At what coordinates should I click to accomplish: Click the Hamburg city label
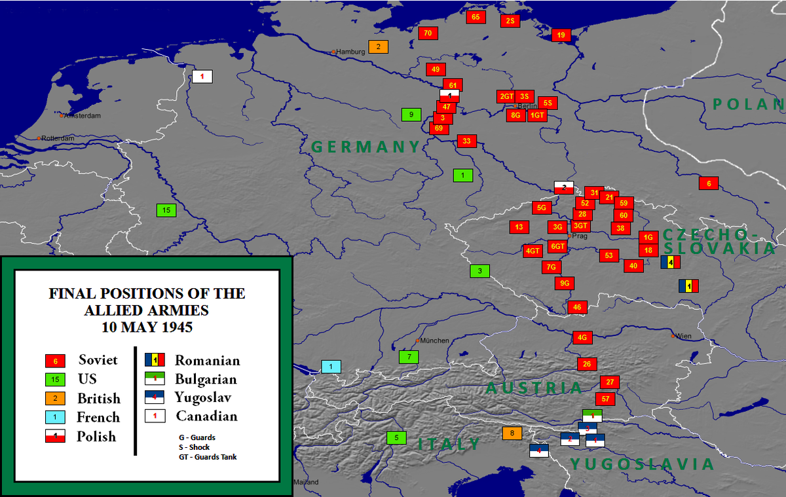pos(350,52)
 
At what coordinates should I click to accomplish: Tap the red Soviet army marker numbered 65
pos(476,17)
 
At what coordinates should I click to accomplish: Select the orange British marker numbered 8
pos(512,433)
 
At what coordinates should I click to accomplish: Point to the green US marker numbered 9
pos(411,115)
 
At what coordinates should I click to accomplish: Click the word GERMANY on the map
pos(365,147)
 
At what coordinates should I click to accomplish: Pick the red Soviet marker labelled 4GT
pos(533,251)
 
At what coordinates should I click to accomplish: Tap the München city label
pos(434,341)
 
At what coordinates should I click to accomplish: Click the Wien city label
pos(683,336)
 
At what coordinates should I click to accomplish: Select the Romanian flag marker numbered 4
pos(671,263)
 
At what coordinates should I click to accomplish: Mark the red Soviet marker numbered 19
pos(561,35)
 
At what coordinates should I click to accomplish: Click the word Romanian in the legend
pos(207,360)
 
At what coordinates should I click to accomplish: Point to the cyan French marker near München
pos(331,367)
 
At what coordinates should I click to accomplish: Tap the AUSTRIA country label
pos(534,388)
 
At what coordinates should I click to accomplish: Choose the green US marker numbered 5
pos(396,437)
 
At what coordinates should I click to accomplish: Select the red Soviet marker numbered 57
pos(605,399)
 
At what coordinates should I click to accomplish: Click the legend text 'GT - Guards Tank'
pos(208,456)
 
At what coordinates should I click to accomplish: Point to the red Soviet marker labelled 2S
pos(510,21)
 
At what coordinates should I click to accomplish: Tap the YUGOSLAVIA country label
pos(642,464)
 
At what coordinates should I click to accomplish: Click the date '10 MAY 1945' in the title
pos(147,325)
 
